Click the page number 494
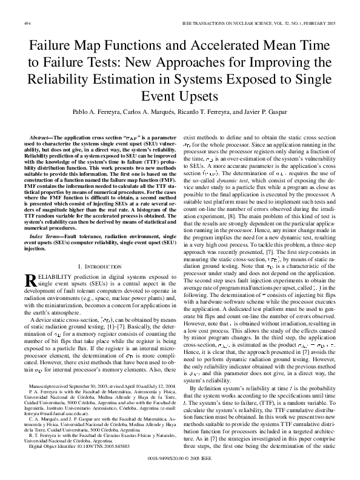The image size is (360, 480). coord(27,23)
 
